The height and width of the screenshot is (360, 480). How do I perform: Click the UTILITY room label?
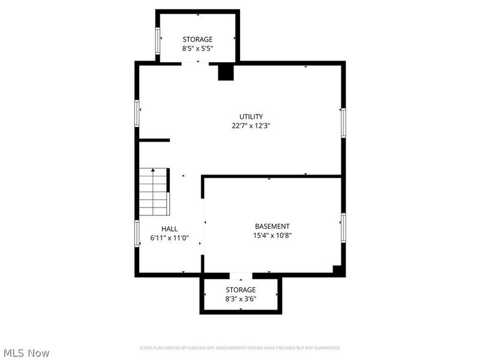[x=251, y=116]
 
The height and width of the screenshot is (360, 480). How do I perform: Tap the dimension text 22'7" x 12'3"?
[x=251, y=126]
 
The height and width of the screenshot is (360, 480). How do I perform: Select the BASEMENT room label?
[x=272, y=226]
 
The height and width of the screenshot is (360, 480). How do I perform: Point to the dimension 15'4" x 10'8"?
[x=272, y=236]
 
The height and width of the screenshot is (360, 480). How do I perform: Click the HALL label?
[x=169, y=229]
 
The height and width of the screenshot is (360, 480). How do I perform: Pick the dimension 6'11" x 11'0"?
[x=169, y=238]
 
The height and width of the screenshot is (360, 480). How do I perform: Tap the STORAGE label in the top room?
[x=197, y=40]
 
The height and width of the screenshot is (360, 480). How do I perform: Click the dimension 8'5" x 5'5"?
[x=197, y=49]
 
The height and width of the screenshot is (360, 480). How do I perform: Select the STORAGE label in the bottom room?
[x=241, y=290]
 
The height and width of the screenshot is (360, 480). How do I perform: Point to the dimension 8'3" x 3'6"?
[x=241, y=299]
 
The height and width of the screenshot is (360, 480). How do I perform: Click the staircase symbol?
[x=154, y=192]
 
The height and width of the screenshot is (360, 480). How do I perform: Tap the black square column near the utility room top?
[x=225, y=72]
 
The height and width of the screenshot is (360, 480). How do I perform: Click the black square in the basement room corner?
[x=338, y=270]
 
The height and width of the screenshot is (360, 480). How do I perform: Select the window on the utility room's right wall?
[x=343, y=122]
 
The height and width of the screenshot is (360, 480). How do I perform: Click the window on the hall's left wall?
[x=137, y=233]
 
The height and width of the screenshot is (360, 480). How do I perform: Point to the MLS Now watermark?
[x=26, y=353]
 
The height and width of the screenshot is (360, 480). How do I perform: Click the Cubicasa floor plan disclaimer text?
[x=240, y=348]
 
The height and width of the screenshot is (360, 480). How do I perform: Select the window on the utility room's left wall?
[x=137, y=113]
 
